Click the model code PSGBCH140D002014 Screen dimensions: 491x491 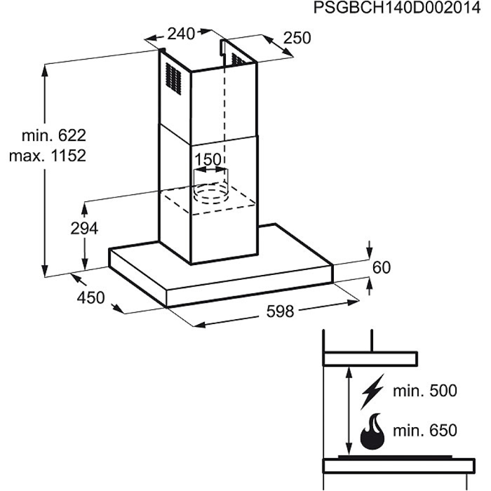[397, 7]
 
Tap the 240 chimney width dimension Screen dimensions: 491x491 [181, 34]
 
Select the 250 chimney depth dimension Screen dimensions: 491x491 [297, 38]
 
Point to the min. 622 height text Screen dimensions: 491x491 [53, 135]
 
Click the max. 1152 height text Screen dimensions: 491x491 [48, 156]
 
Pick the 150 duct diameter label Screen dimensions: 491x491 [208, 160]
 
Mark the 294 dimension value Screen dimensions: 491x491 [84, 228]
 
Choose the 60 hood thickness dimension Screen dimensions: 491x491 [382, 268]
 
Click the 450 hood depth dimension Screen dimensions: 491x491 [90, 297]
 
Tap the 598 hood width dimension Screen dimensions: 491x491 [281, 311]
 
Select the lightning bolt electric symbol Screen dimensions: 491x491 [372, 391]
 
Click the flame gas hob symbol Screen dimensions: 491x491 [372, 431]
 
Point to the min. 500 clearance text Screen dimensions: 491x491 [425, 391]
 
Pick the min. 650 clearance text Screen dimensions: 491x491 [425, 431]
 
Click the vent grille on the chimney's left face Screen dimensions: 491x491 [173, 79]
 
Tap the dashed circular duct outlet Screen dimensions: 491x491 [210, 193]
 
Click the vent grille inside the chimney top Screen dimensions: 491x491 [238, 60]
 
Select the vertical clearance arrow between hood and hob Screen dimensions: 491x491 [349, 410]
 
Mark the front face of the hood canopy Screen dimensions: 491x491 [249, 285]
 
